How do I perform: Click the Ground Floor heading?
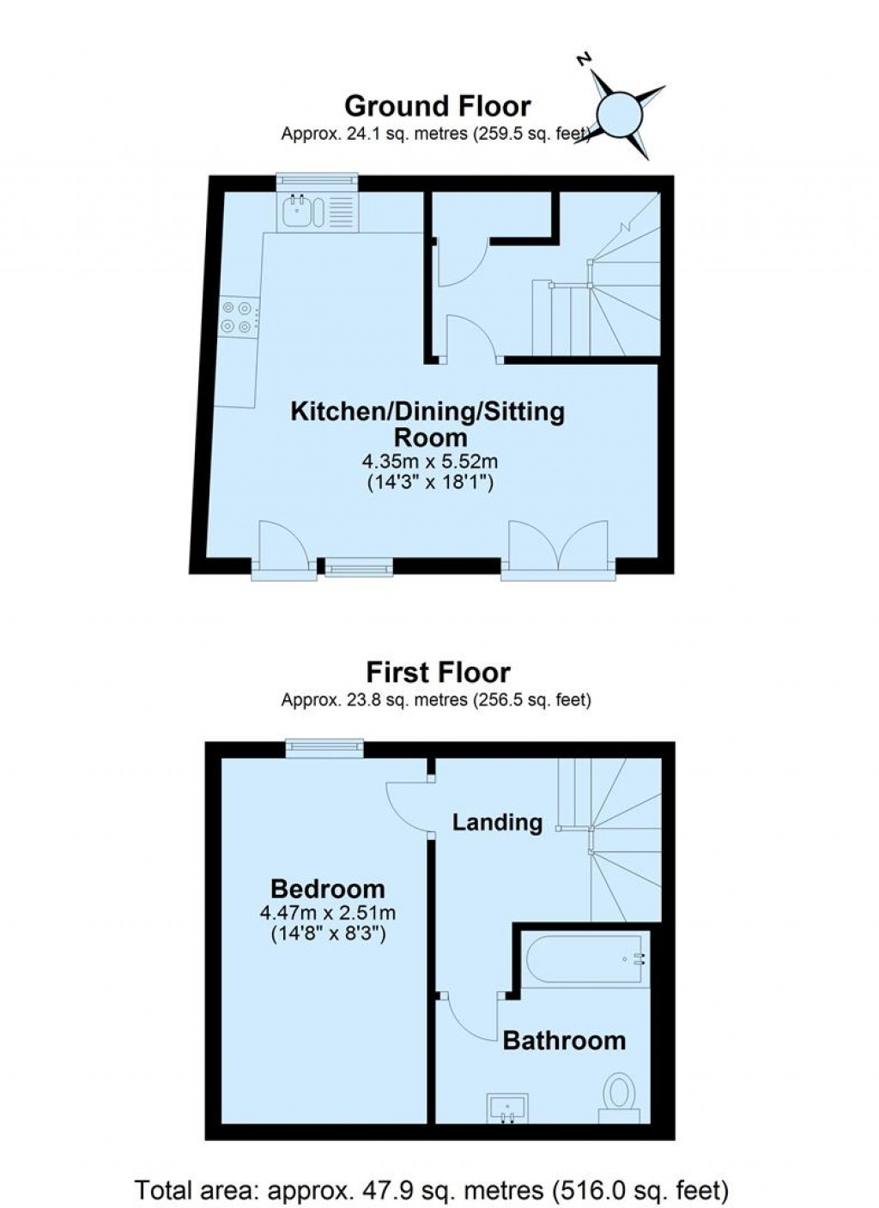click(438, 106)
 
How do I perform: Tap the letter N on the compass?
click(583, 59)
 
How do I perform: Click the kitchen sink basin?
click(296, 211)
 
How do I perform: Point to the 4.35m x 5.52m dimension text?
click(429, 462)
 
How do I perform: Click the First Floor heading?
click(438, 672)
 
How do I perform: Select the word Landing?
click(497, 823)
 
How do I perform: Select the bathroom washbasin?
click(507, 1107)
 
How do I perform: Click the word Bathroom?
click(564, 1041)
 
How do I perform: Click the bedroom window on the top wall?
click(324, 749)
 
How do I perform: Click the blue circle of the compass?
click(620, 116)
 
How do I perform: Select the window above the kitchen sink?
click(318, 182)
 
